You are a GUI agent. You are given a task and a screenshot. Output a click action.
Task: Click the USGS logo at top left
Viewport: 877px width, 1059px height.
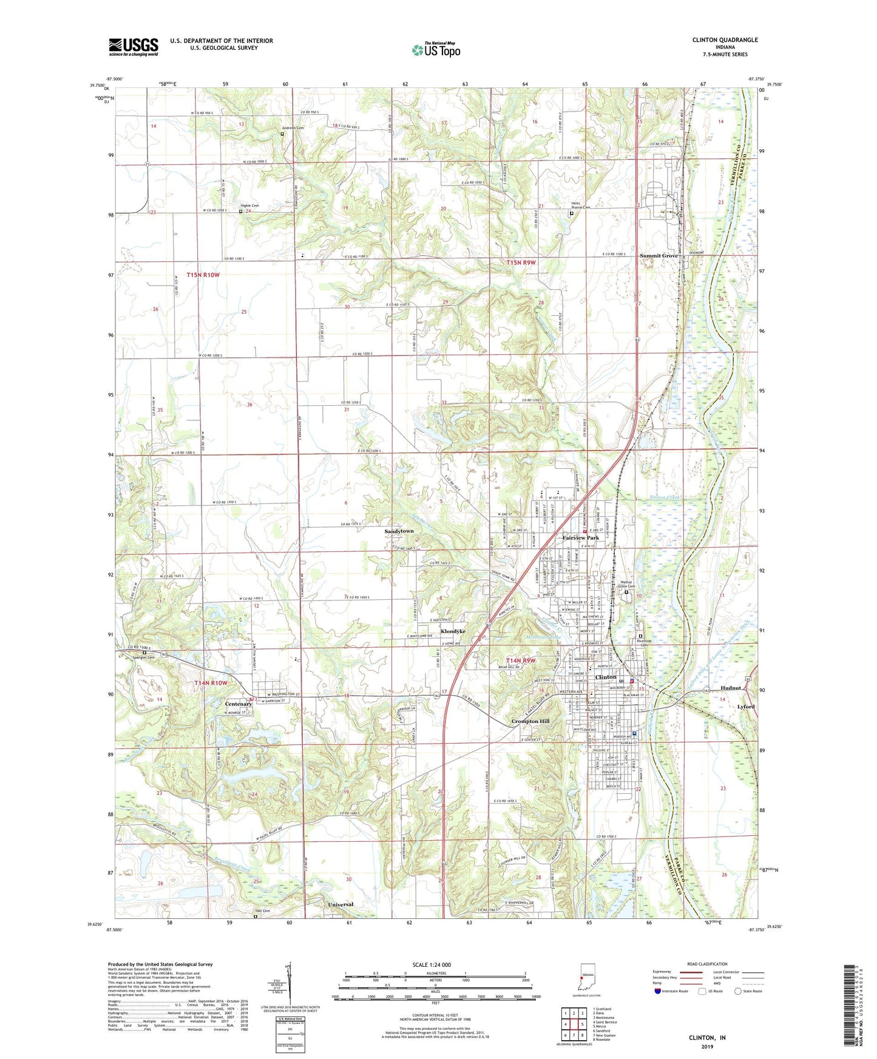[x=134, y=47]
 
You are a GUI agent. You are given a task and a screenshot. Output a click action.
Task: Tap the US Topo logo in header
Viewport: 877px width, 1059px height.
[x=436, y=50]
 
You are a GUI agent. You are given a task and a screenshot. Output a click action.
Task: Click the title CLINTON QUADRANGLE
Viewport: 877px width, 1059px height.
[x=725, y=40]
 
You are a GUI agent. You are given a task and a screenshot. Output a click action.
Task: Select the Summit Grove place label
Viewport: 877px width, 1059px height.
[x=659, y=256]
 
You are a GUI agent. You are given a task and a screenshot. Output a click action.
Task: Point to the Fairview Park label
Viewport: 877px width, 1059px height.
[x=580, y=538]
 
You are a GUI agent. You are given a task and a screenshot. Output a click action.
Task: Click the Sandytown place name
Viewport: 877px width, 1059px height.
[x=399, y=531]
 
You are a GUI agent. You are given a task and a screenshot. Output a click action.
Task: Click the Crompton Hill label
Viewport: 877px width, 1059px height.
[x=530, y=721]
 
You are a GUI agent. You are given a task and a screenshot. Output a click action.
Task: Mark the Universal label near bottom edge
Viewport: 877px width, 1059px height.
[x=340, y=904]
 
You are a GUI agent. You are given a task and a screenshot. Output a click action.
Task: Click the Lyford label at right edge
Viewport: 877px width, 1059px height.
[x=746, y=707]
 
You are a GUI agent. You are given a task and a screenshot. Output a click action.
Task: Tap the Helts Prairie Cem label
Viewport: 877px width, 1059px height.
[x=580, y=206]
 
